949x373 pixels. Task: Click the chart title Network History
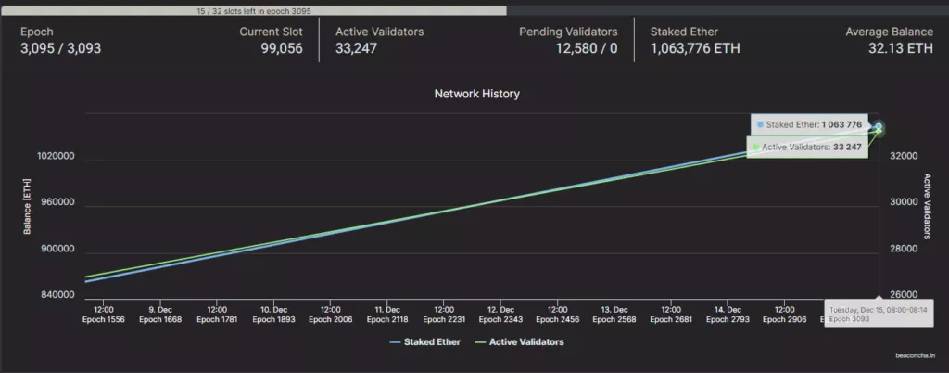(x=476, y=94)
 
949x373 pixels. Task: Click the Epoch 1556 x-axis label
(x=103, y=319)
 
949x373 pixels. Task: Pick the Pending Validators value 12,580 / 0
(x=587, y=48)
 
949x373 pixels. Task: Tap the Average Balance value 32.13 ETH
(x=901, y=48)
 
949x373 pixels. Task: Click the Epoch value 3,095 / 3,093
(x=60, y=48)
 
